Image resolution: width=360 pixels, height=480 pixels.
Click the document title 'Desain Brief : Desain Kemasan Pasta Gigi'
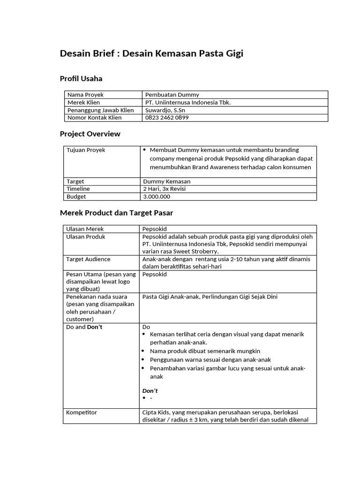(x=151, y=54)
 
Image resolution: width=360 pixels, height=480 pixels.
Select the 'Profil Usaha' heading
(x=81, y=78)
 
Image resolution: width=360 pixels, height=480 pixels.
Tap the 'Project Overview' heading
(x=90, y=134)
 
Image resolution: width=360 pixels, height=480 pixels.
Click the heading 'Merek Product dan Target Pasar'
(x=116, y=213)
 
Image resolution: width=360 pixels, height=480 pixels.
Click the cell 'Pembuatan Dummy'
(x=172, y=95)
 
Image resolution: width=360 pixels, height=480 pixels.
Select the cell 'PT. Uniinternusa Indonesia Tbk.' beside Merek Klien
(x=188, y=102)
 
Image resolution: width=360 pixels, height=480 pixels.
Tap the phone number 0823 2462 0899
(x=167, y=118)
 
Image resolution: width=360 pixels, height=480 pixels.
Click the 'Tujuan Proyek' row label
(x=86, y=150)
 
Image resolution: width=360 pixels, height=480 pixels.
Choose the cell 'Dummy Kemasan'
(x=166, y=181)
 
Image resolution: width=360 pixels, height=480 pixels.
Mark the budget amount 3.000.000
(x=157, y=196)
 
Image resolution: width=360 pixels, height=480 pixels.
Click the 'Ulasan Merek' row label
(x=85, y=229)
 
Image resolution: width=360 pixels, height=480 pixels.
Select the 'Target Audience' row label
(x=88, y=259)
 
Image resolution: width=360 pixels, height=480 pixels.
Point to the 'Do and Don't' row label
(x=84, y=327)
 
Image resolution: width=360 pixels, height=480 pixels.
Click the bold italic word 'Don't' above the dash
(x=150, y=390)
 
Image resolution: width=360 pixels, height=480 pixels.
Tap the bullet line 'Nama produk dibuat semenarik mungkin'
(x=205, y=351)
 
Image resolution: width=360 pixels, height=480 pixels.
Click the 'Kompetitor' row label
(x=82, y=412)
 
